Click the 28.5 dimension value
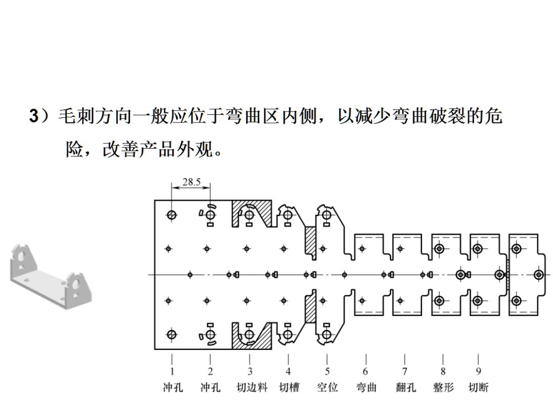[x=191, y=182]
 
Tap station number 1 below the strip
[x=172, y=371]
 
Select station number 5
[x=327, y=371]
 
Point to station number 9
[x=478, y=371]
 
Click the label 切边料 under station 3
[x=252, y=387]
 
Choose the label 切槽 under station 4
[x=289, y=387]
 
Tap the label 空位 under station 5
[x=327, y=387]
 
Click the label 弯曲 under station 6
[x=366, y=387]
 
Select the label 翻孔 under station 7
[x=406, y=387]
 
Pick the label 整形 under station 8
[x=443, y=387]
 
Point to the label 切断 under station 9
[x=478, y=387]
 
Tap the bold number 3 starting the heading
[x=33, y=116]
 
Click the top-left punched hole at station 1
[x=172, y=215]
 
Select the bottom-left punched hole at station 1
[x=172, y=334]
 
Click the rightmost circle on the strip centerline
[x=539, y=275]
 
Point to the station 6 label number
[x=366, y=371]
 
